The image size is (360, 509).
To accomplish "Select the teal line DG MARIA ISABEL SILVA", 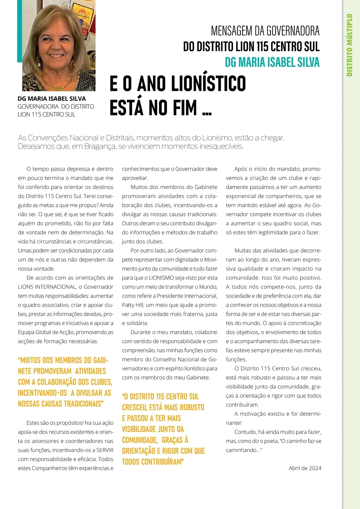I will [272, 62].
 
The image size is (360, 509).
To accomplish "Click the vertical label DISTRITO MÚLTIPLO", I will [349, 45].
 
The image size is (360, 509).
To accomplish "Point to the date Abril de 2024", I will [305, 468].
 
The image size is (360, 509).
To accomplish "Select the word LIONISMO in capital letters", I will [161, 278].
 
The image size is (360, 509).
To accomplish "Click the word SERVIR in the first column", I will [105, 450].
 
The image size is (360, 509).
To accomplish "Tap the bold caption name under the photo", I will [52, 99].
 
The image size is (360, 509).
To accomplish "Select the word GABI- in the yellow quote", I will [100, 360].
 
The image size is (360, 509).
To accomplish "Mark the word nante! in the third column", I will [234, 423].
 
